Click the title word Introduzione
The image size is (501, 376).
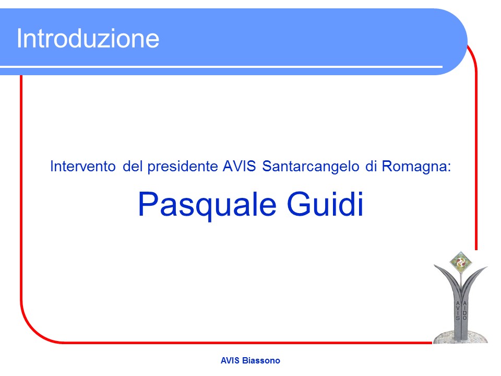click(x=88, y=38)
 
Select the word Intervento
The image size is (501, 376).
click(x=83, y=166)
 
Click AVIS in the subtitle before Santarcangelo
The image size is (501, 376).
click(x=240, y=166)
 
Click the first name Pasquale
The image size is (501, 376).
click(x=207, y=205)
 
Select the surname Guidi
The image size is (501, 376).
click(x=325, y=204)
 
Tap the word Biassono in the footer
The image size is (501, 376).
click(x=261, y=361)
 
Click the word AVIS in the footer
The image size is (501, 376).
click(x=230, y=361)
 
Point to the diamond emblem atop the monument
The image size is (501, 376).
click(x=460, y=263)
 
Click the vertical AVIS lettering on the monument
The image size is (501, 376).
click(x=458, y=310)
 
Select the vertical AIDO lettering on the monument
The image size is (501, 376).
click(x=464, y=310)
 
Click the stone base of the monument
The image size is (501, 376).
click(x=460, y=338)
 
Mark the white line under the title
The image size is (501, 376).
click(x=221, y=67)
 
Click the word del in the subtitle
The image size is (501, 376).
click(x=132, y=166)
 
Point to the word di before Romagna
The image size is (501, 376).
click(x=371, y=166)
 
